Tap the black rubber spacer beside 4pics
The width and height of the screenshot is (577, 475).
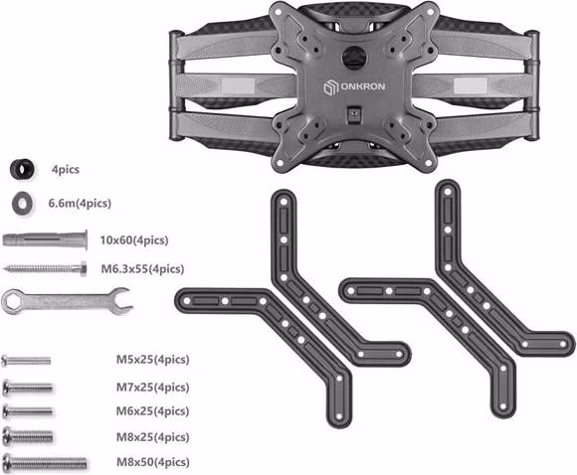(22, 169)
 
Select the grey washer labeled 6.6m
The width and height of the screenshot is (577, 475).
(22, 204)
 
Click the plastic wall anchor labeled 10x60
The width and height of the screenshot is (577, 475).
(45, 239)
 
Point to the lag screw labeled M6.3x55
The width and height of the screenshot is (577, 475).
(45, 268)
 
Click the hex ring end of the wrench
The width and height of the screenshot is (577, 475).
(12, 302)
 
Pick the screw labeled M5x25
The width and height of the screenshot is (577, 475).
(26, 361)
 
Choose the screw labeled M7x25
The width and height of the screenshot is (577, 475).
(27, 388)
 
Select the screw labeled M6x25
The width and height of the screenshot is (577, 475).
(27, 411)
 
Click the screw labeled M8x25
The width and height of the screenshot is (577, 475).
(28, 436)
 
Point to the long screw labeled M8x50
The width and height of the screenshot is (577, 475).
(45, 462)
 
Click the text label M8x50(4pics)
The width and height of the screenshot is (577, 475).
(153, 462)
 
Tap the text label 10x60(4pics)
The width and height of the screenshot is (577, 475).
(134, 240)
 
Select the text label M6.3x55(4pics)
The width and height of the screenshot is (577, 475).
(143, 269)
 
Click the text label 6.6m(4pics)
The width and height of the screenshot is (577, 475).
(80, 204)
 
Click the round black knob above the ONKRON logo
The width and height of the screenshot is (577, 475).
(355, 57)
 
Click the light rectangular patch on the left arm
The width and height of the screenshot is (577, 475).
(238, 86)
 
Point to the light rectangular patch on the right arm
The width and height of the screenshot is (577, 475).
(471, 86)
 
